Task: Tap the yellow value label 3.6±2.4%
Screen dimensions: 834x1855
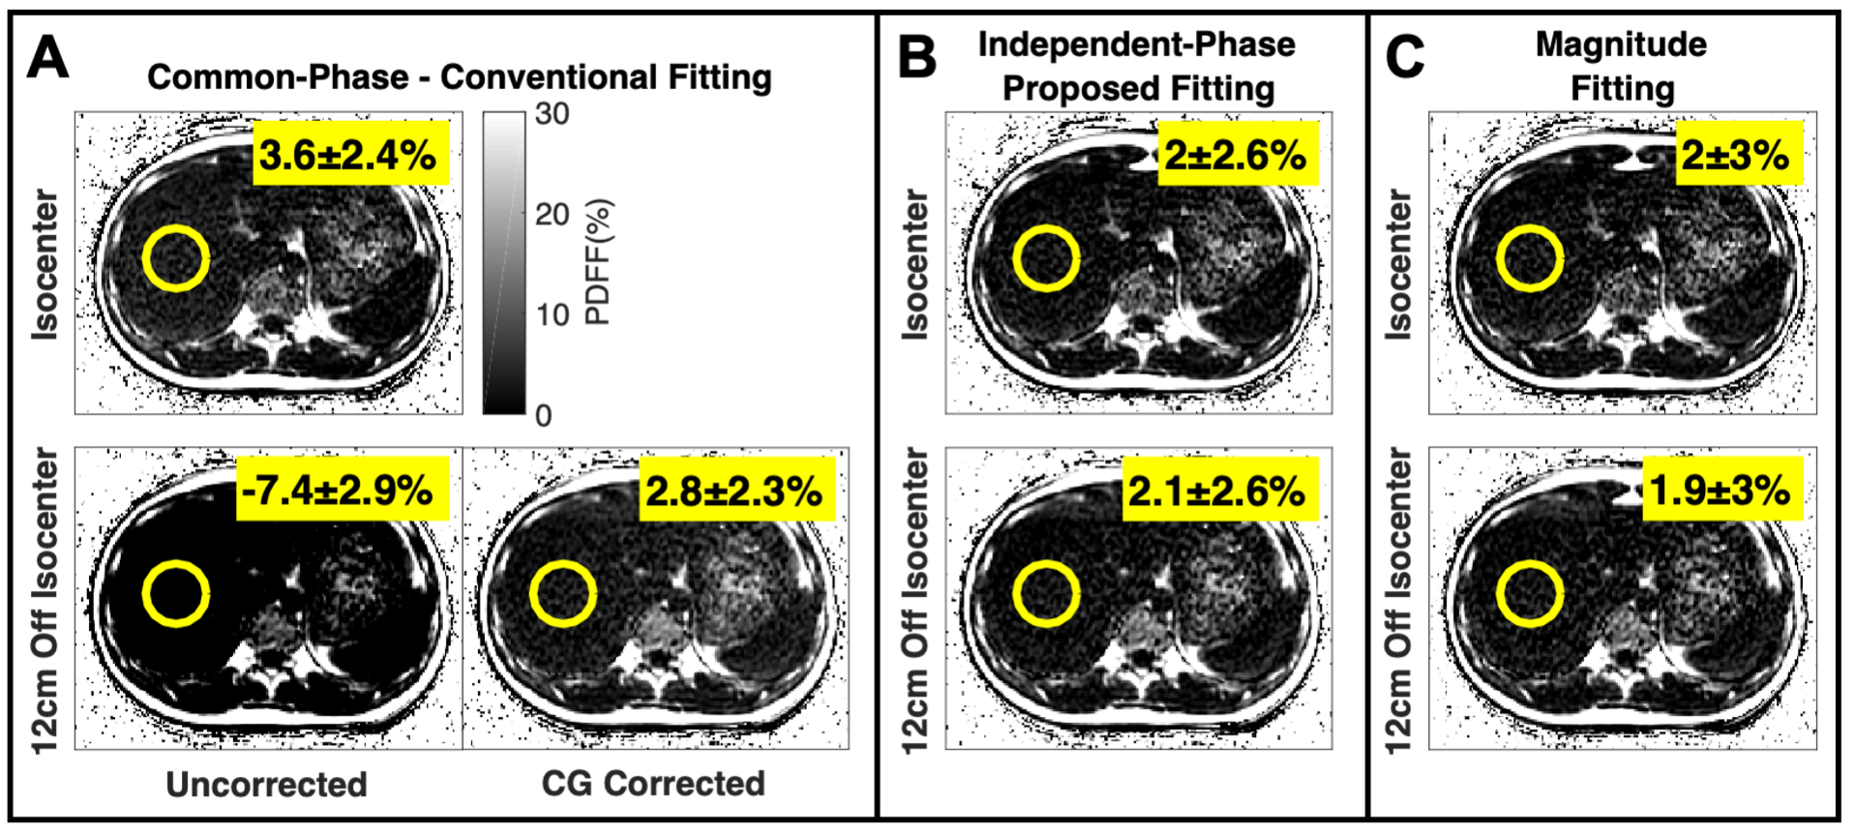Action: [349, 154]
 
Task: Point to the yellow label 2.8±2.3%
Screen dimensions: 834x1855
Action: [734, 491]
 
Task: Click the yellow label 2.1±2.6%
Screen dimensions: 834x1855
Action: [1217, 491]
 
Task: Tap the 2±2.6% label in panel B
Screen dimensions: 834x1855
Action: [1236, 154]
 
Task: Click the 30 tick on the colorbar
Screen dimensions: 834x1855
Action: [552, 114]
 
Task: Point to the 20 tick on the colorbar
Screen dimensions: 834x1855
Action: [552, 214]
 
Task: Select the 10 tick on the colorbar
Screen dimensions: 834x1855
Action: [552, 314]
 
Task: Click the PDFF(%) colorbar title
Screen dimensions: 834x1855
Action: [598, 261]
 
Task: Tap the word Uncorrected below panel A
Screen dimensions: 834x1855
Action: [266, 784]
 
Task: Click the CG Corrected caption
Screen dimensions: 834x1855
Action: [653, 784]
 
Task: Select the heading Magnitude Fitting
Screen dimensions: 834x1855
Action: [1621, 66]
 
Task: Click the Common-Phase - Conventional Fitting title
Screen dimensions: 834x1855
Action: [460, 77]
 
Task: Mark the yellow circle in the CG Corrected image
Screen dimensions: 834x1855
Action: [562, 594]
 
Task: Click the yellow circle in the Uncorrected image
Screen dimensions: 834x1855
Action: [175, 594]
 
